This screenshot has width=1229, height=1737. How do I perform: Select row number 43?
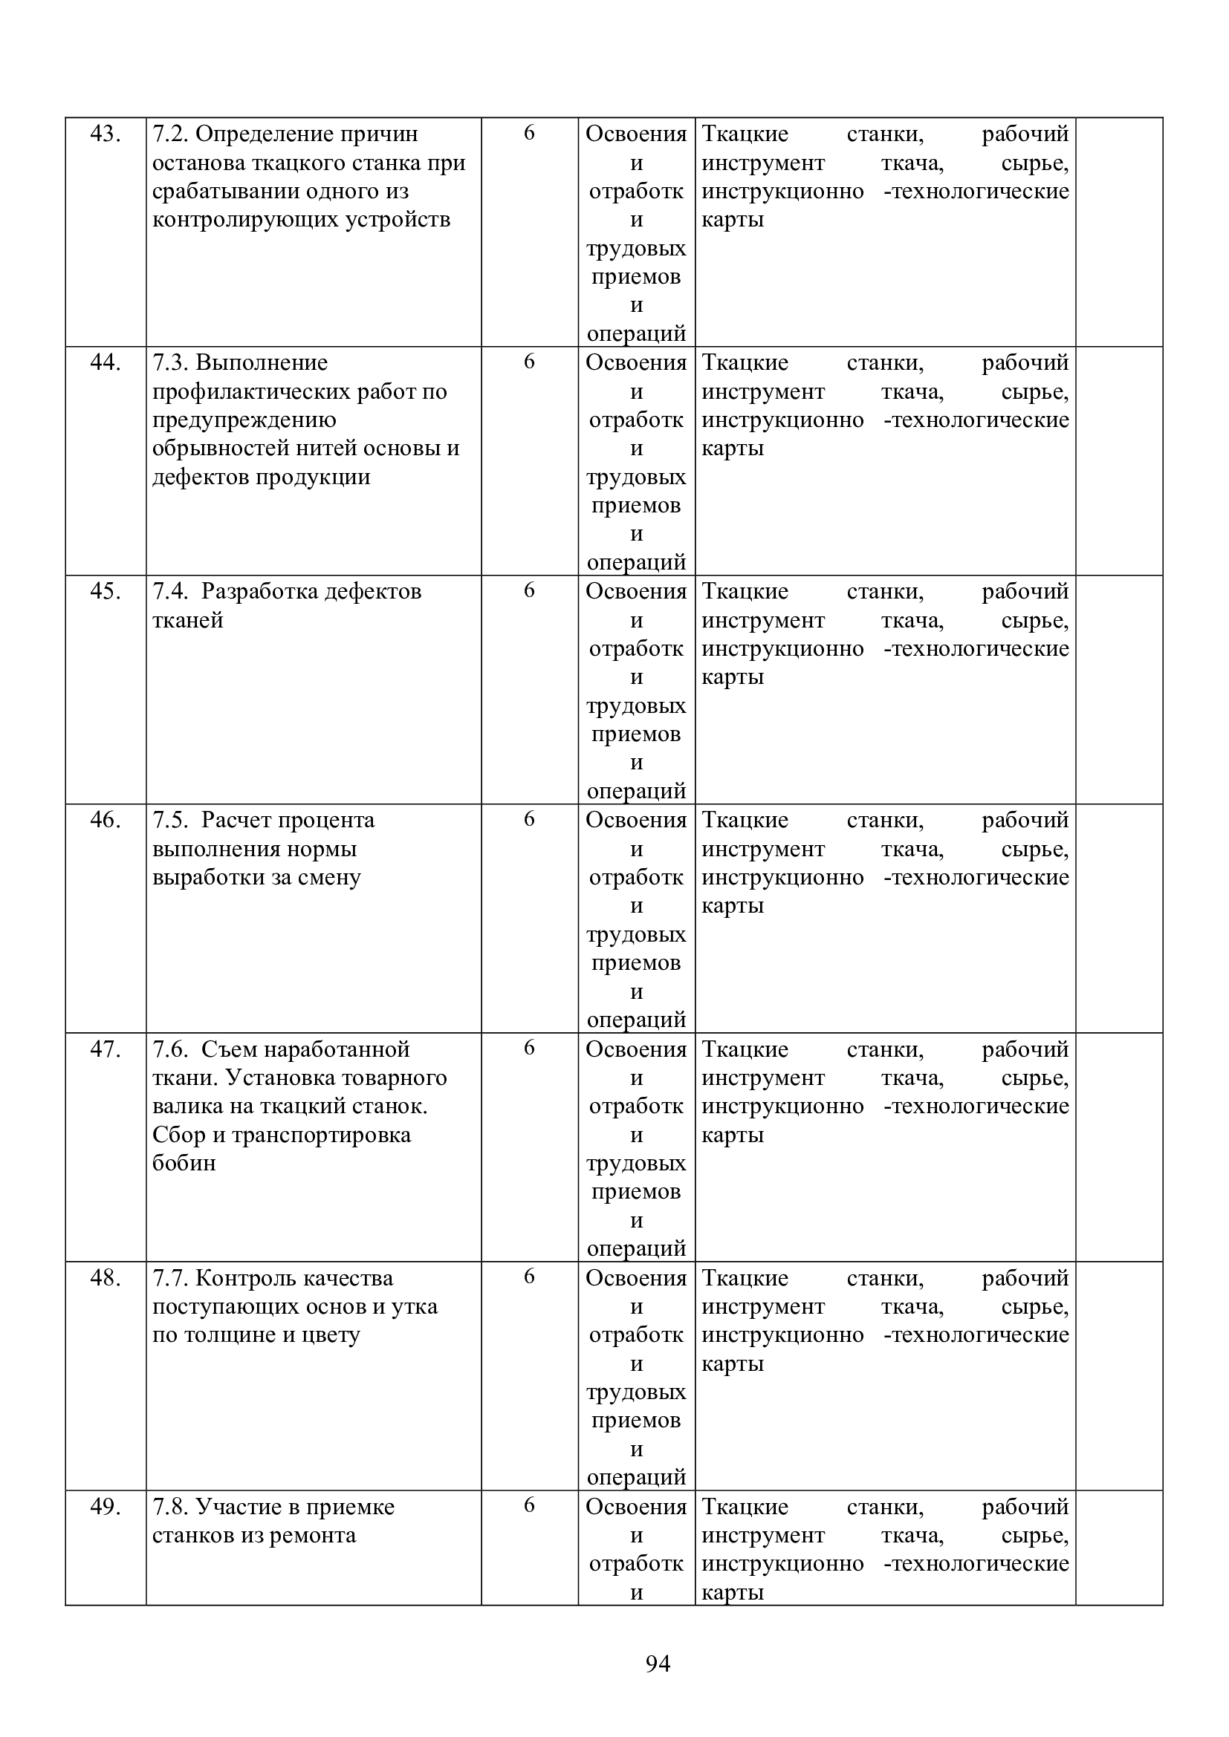106,134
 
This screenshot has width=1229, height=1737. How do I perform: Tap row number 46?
106,820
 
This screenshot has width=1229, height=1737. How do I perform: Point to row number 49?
106,1507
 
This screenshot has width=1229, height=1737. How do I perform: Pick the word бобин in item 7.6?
184,1163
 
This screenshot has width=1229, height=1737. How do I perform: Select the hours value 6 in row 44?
529,362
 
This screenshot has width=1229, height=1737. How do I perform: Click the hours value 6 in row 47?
529,1048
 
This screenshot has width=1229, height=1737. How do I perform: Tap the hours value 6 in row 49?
529,1505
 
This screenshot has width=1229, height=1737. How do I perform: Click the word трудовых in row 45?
636,705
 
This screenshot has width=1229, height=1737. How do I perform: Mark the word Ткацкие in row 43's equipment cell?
745,134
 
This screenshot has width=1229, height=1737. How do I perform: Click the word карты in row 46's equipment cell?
732,905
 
